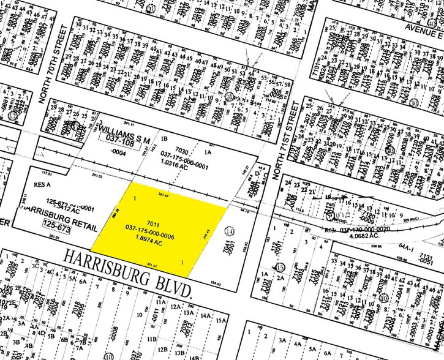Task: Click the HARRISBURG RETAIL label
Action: click(x=60, y=215)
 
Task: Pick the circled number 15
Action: click(x=281, y=267)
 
